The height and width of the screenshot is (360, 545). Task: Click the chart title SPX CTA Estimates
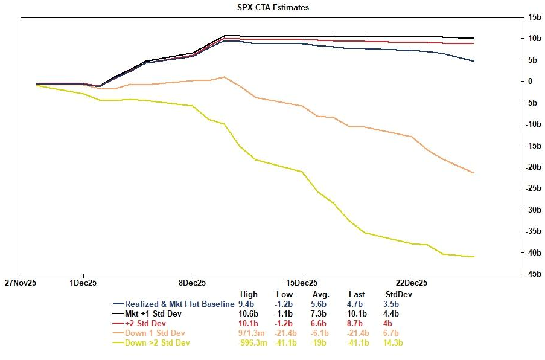click(x=273, y=8)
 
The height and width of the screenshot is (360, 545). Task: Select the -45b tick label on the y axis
click(x=532, y=274)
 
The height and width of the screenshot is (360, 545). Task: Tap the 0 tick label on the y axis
click(x=530, y=82)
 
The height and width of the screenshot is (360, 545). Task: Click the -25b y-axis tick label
click(x=532, y=188)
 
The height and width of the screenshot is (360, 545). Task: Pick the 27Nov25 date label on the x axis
click(x=21, y=282)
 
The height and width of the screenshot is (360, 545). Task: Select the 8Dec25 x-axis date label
click(x=192, y=282)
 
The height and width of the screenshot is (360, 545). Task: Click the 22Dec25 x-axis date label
click(x=412, y=282)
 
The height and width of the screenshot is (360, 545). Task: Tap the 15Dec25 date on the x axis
click(x=302, y=282)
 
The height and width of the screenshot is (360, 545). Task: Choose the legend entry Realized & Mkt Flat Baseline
click(x=179, y=304)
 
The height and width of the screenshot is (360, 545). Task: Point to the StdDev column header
click(x=398, y=295)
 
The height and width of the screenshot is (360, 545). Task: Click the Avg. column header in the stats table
click(x=320, y=295)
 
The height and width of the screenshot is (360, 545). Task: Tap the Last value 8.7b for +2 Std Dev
click(x=357, y=324)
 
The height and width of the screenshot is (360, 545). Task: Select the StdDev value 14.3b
click(x=394, y=343)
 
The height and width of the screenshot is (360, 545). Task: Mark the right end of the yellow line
click(x=474, y=257)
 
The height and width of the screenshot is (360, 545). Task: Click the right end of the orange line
click(x=474, y=173)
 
